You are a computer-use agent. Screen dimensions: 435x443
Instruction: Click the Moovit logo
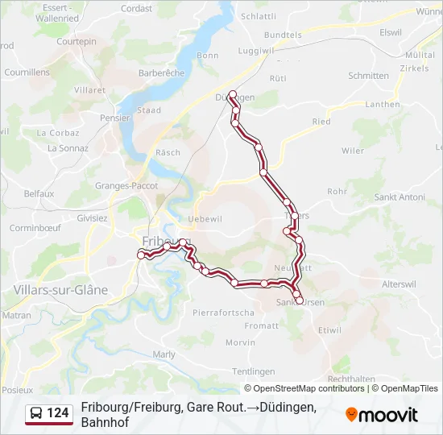(x=382, y=415)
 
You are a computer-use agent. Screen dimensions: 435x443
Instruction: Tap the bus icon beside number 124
(x=36, y=414)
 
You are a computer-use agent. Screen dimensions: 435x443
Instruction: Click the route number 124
(x=57, y=414)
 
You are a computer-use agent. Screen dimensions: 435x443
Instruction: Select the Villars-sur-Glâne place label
(x=60, y=289)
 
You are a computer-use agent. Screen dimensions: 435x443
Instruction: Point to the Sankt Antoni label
(x=400, y=197)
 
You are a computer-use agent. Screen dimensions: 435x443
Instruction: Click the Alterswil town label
(x=400, y=285)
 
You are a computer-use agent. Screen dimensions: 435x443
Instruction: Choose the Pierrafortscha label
(x=223, y=312)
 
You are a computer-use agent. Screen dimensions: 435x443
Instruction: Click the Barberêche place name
(x=162, y=72)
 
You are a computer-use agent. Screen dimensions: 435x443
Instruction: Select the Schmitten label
(x=368, y=76)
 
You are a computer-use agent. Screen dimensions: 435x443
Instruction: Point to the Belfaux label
(x=39, y=193)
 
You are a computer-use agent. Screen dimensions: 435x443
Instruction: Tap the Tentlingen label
(x=254, y=371)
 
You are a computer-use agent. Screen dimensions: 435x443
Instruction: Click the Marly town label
(x=164, y=354)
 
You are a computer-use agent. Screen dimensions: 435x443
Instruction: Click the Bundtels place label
(x=283, y=35)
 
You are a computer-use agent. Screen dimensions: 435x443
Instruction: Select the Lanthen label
(x=382, y=104)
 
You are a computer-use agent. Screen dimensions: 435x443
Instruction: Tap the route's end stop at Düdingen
(x=233, y=95)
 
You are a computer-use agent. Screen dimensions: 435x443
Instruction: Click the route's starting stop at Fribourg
(x=141, y=255)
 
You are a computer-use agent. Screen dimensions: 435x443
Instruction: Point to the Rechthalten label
(x=352, y=379)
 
